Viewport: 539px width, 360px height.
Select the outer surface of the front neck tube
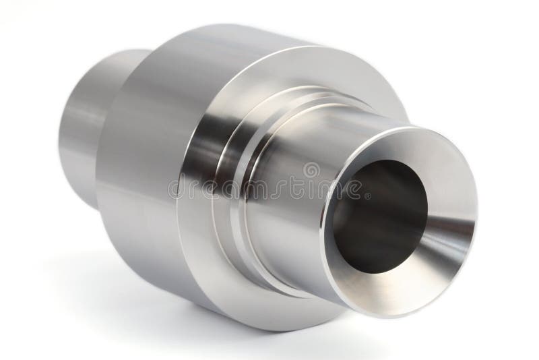point(296,155)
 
